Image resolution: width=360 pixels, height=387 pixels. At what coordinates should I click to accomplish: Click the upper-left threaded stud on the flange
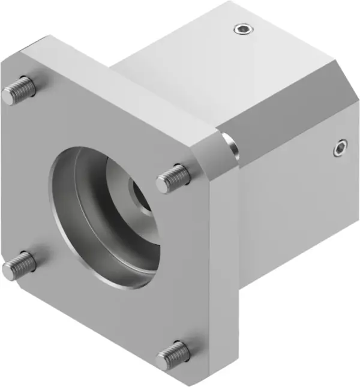click(x=18, y=90)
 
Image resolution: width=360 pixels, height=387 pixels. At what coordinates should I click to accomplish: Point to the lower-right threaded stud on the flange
click(x=173, y=355)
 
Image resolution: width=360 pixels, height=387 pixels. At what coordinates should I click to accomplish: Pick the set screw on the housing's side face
click(x=340, y=147)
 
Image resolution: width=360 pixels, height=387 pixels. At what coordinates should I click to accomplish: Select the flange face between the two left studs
click(x=24, y=180)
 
